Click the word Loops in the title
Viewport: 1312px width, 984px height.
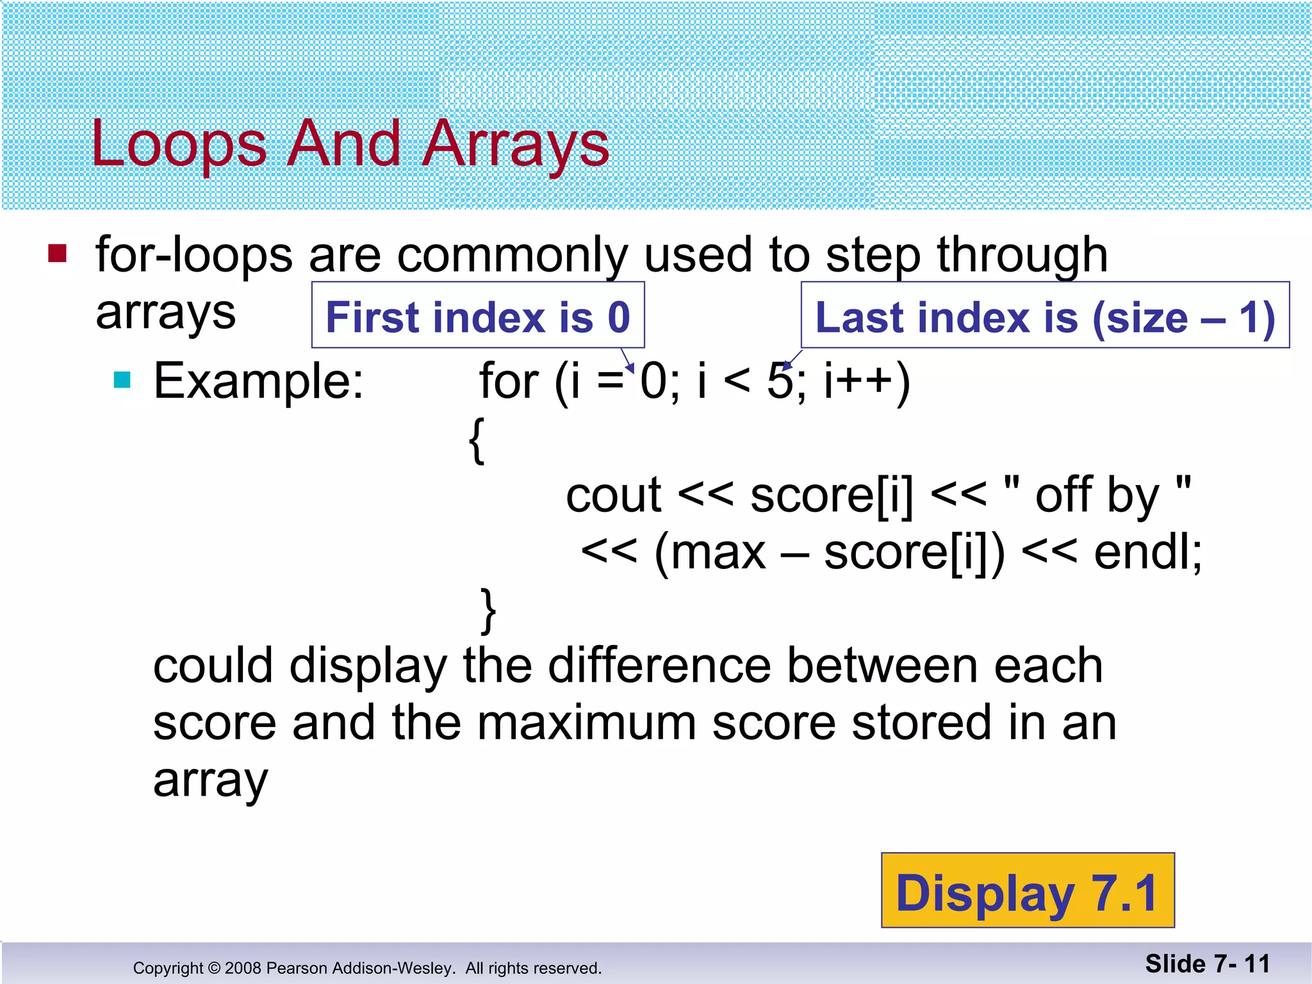pos(178,145)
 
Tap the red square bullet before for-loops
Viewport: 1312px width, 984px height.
pos(57,254)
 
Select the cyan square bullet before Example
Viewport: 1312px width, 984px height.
pos(122,381)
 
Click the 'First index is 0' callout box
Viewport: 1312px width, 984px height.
pos(478,316)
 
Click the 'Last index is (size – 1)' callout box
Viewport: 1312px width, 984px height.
pos(1045,316)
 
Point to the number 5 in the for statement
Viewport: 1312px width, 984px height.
pos(780,381)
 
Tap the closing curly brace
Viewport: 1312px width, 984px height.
pos(488,610)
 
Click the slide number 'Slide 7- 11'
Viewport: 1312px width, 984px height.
pos(1207,963)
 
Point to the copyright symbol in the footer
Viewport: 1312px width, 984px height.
pos(215,968)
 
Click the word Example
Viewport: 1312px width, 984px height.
pos(258,382)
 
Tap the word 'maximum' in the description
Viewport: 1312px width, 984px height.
pos(586,723)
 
